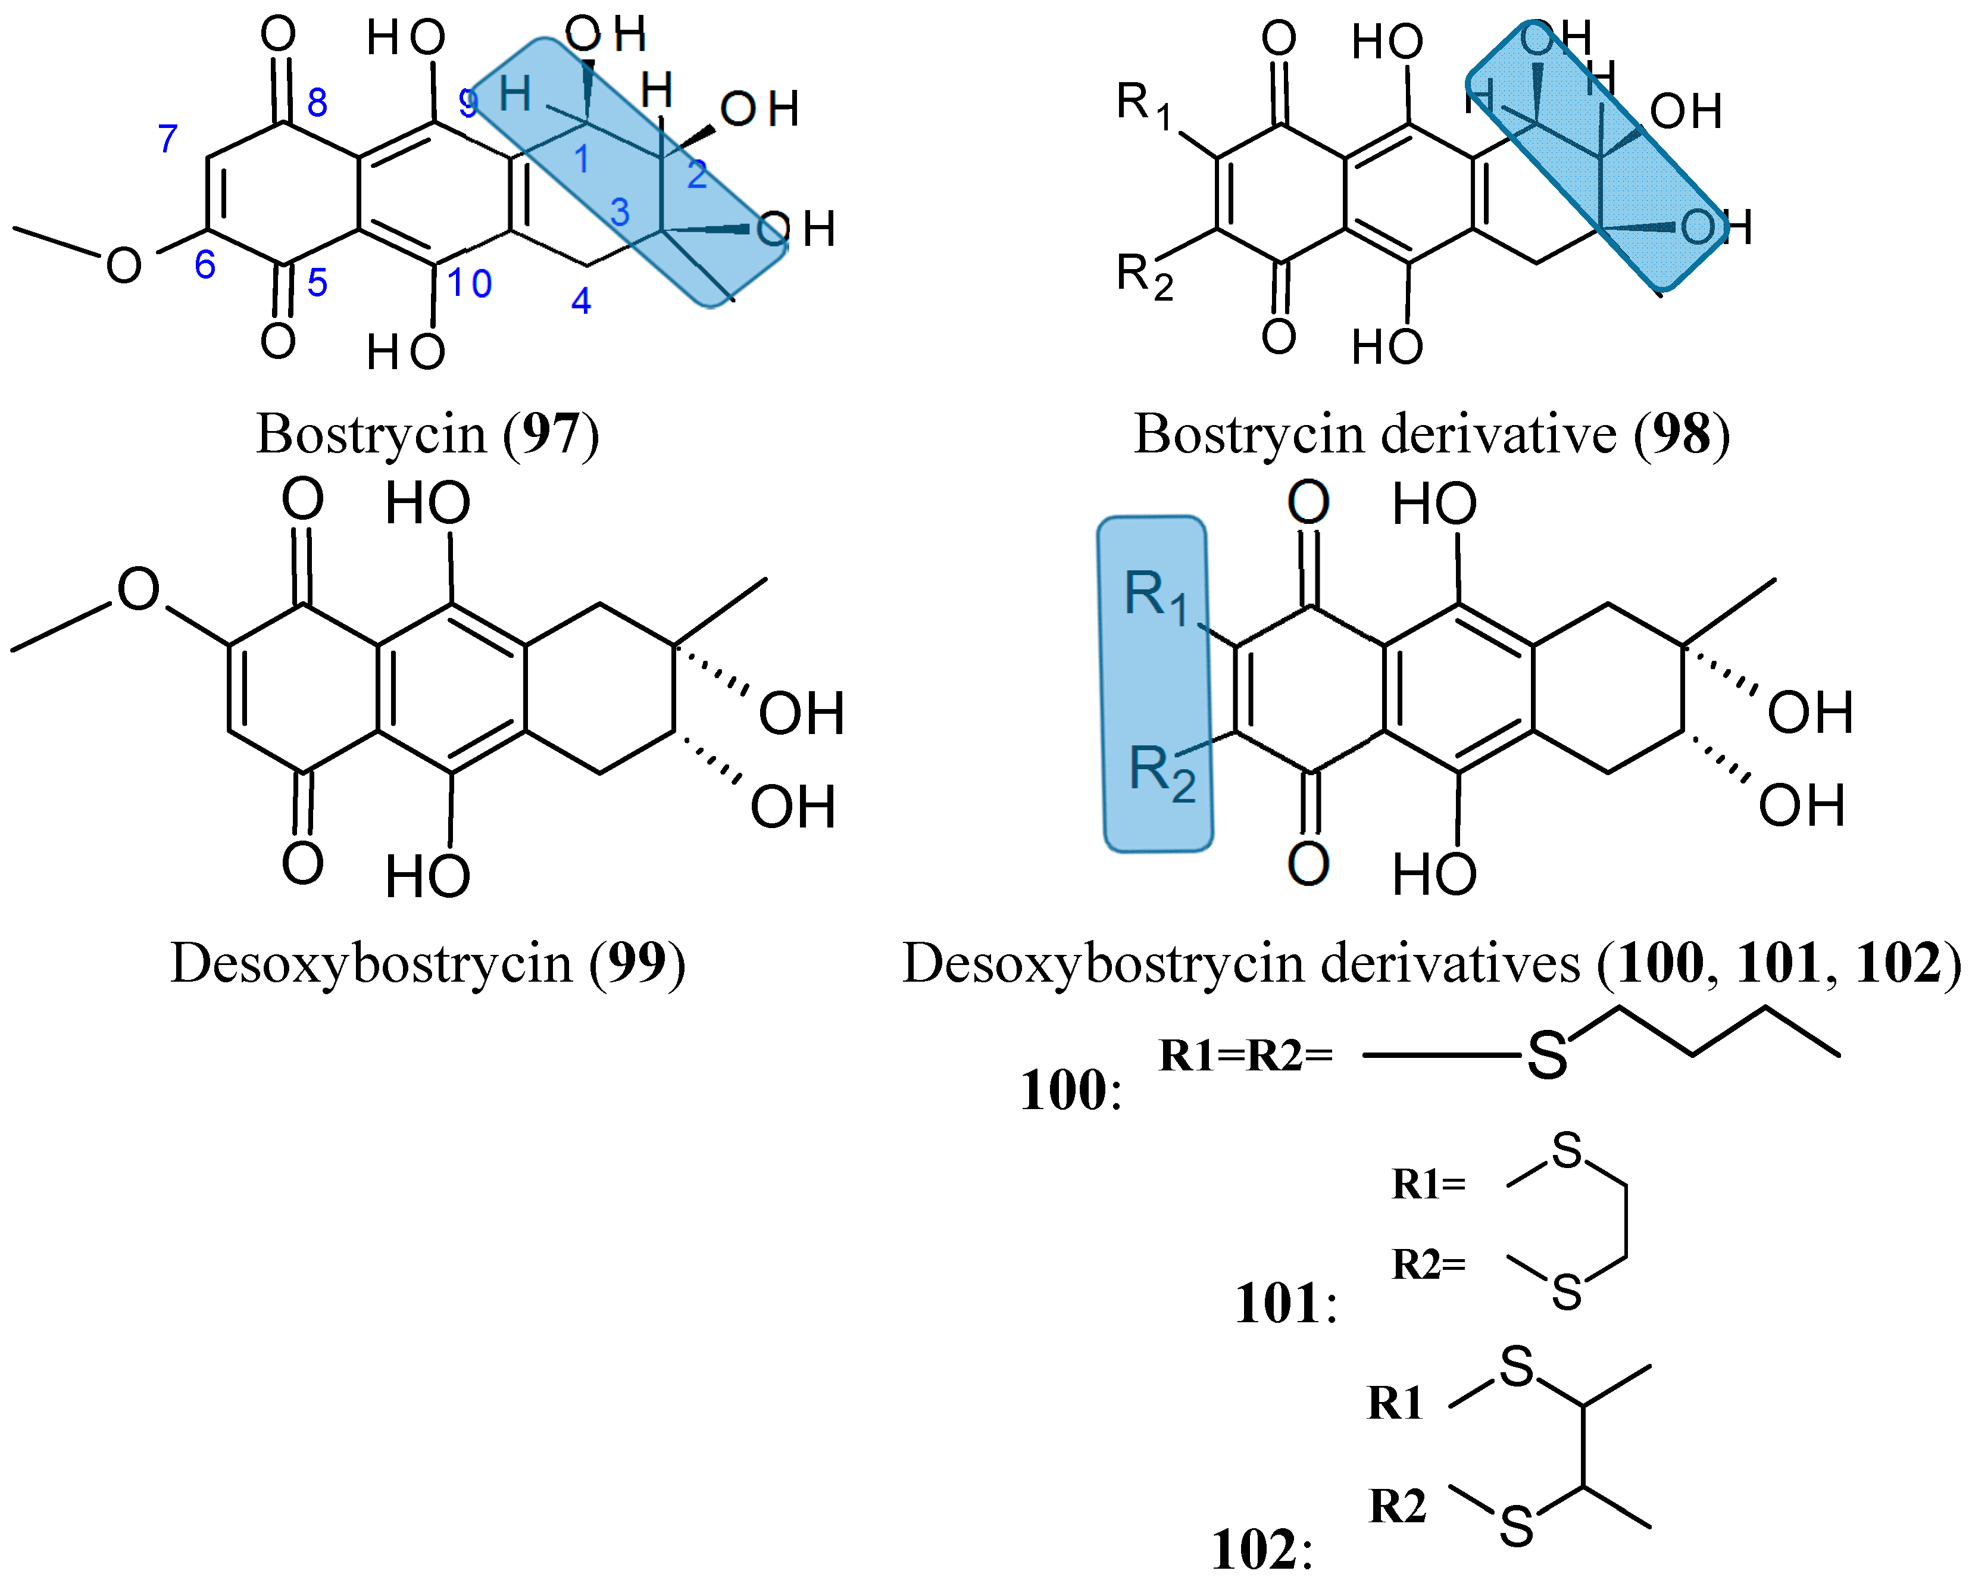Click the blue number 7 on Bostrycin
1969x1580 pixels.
pyautogui.click(x=167, y=139)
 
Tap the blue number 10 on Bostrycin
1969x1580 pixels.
pyautogui.click(x=470, y=283)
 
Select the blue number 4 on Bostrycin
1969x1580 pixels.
pyautogui.click(x=581, y=301)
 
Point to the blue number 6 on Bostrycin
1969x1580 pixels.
pyautogui.click(x=205, y=265)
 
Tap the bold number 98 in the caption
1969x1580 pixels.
pyautogui.click(x=1682, y=434)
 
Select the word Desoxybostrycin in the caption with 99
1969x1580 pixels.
pyautogui.click(x=371, y=963)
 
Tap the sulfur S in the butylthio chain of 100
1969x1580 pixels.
pyautogui.click(x=1547, y=1057)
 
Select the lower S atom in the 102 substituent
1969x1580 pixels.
pyautogui.click(x=1516, y=1527)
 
